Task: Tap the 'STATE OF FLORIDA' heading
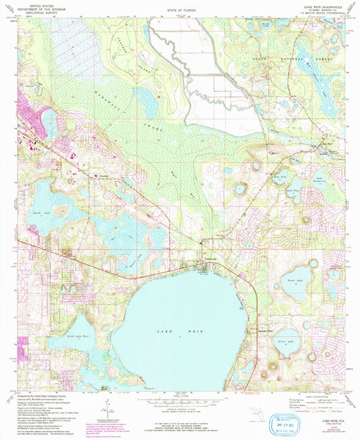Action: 180,11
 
